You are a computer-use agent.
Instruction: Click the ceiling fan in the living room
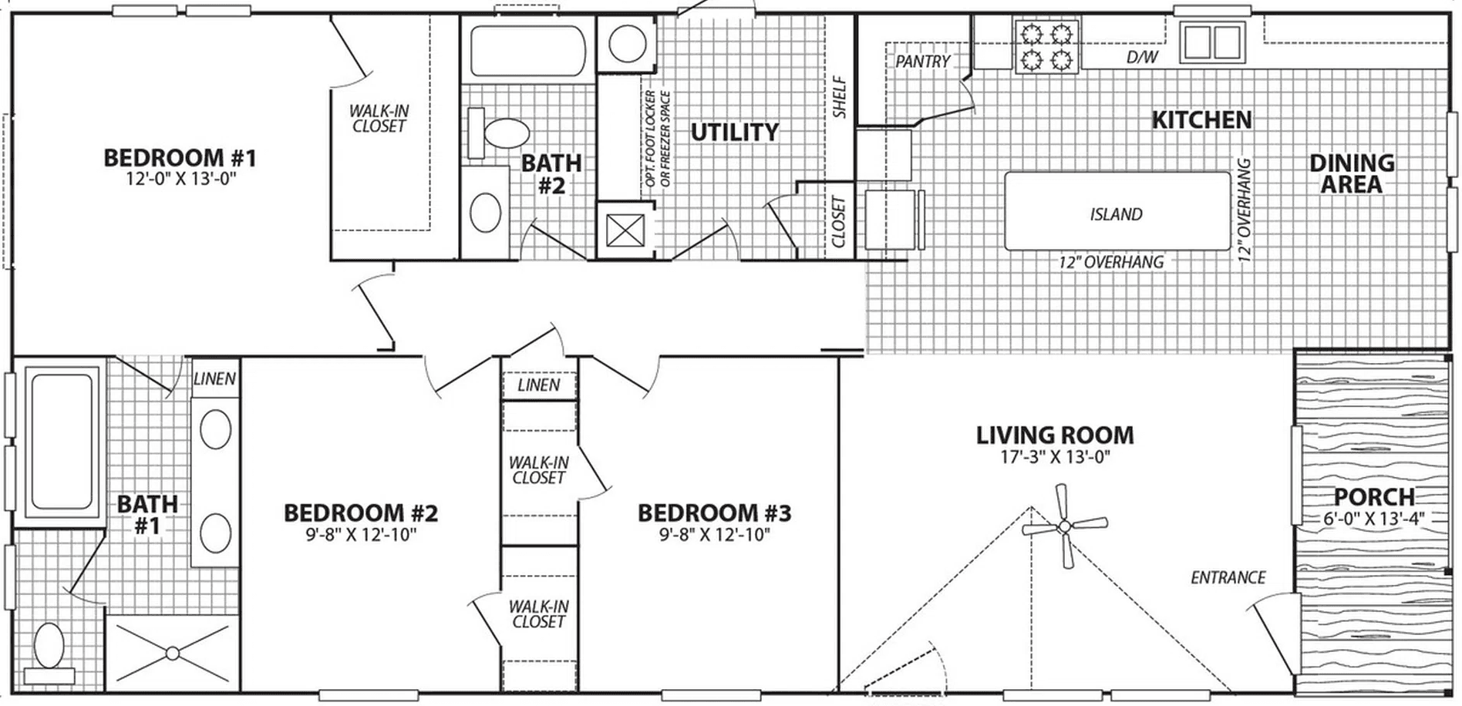[1064, 526]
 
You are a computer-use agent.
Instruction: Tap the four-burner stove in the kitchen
[1046, 46]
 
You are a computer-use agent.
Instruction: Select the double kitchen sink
[1213, 42]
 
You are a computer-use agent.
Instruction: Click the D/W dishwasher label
[1142, 57]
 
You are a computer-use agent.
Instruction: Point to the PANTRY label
[922, 61]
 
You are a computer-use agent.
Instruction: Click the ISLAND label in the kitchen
[1116, 214]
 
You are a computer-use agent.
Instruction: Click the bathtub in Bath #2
[527, 51]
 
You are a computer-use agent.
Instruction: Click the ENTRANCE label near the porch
[1228, 577]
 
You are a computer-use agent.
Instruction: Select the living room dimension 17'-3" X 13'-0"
[1055, 457]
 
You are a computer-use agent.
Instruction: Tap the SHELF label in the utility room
[840, 96]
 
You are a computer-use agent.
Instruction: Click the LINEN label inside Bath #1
[214, 379]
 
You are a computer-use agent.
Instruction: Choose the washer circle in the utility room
[627, 45]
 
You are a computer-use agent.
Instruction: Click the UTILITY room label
[734, 132]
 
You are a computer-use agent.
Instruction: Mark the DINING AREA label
[1351, 173]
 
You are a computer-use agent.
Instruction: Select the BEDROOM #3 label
[714, 513]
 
